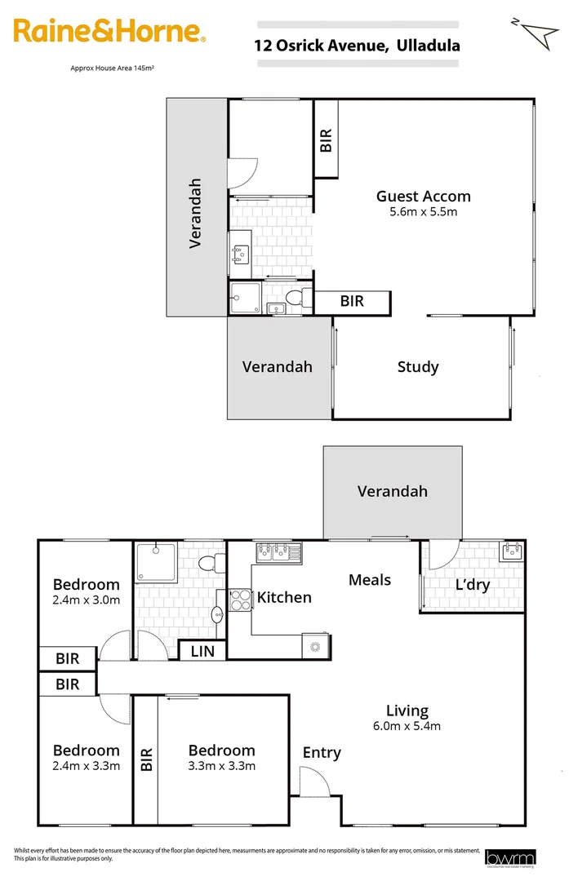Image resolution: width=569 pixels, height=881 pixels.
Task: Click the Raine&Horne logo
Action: coord(108,32)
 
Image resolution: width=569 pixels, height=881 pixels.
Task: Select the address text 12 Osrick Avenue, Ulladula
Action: coord(358,46)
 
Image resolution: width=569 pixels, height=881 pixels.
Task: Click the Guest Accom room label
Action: coord(423,196)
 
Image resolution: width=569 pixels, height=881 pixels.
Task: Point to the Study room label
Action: coord(418,367)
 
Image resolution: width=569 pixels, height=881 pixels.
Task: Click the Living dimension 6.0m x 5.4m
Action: coord(406,726)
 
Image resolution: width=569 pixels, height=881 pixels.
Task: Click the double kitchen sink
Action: coord(278,552)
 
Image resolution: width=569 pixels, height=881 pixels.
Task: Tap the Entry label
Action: coord(322,752)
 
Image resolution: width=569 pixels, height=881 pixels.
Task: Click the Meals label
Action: coord(369,580)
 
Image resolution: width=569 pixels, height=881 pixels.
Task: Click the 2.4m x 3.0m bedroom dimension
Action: coord(86,600)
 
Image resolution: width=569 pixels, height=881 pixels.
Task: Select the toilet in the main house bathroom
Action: coord(209,561)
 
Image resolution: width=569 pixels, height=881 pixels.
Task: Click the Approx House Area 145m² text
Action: coord(113,69)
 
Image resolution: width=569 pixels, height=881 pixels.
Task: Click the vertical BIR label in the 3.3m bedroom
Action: coord(147,759)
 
